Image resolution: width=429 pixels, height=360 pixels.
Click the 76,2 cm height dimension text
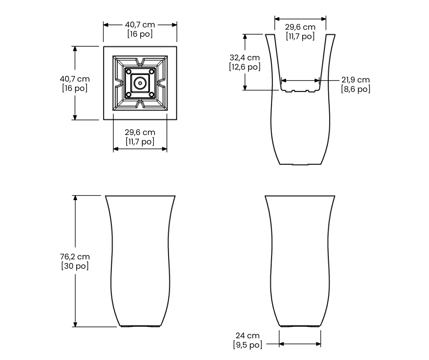(x=75, y=257)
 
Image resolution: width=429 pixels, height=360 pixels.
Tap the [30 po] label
(x=75, y=266)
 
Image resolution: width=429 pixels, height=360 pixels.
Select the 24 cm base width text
(x=248, y=336)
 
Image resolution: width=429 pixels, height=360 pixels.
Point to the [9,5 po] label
(x=248, y=345)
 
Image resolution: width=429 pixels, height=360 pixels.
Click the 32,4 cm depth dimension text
(x=245, y=58)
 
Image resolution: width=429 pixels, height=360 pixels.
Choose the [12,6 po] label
(x=245, y=67)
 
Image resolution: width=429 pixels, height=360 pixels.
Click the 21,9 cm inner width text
(x=356, y=80)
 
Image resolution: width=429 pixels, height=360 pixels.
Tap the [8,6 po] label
(x=356, y=89)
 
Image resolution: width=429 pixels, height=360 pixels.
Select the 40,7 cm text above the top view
(x=140, y=25)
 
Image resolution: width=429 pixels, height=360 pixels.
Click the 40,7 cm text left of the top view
(x=75, y=79)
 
